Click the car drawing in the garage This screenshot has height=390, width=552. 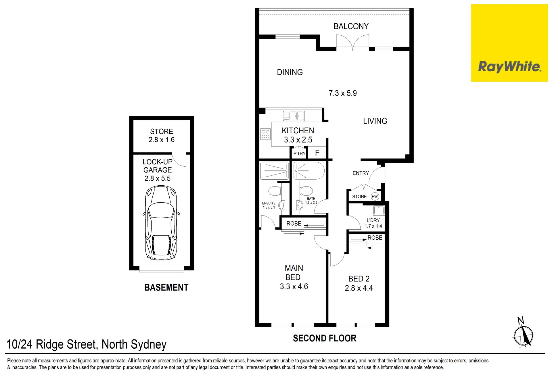[161, 223]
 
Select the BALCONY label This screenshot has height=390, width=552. [351, 26]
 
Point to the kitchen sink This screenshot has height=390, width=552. [294, 116]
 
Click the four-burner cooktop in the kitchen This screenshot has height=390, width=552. [265, 134]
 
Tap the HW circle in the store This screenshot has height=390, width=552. [375, 197]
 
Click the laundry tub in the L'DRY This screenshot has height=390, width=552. [379, 210]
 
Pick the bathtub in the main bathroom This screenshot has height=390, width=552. [309, 171]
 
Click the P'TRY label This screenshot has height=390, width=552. [299, 154]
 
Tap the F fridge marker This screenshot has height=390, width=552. [317, 153]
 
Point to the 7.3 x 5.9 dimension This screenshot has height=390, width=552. [343, 93]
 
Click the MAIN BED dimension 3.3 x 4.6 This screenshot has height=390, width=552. [294, 287]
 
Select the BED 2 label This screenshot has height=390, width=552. [359, 279]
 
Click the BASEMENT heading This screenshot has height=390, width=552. [166, 287]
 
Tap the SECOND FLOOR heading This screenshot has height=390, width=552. [325, 338]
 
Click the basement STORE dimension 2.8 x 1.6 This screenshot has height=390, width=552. [162, 140]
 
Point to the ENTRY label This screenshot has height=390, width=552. [361, 173]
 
